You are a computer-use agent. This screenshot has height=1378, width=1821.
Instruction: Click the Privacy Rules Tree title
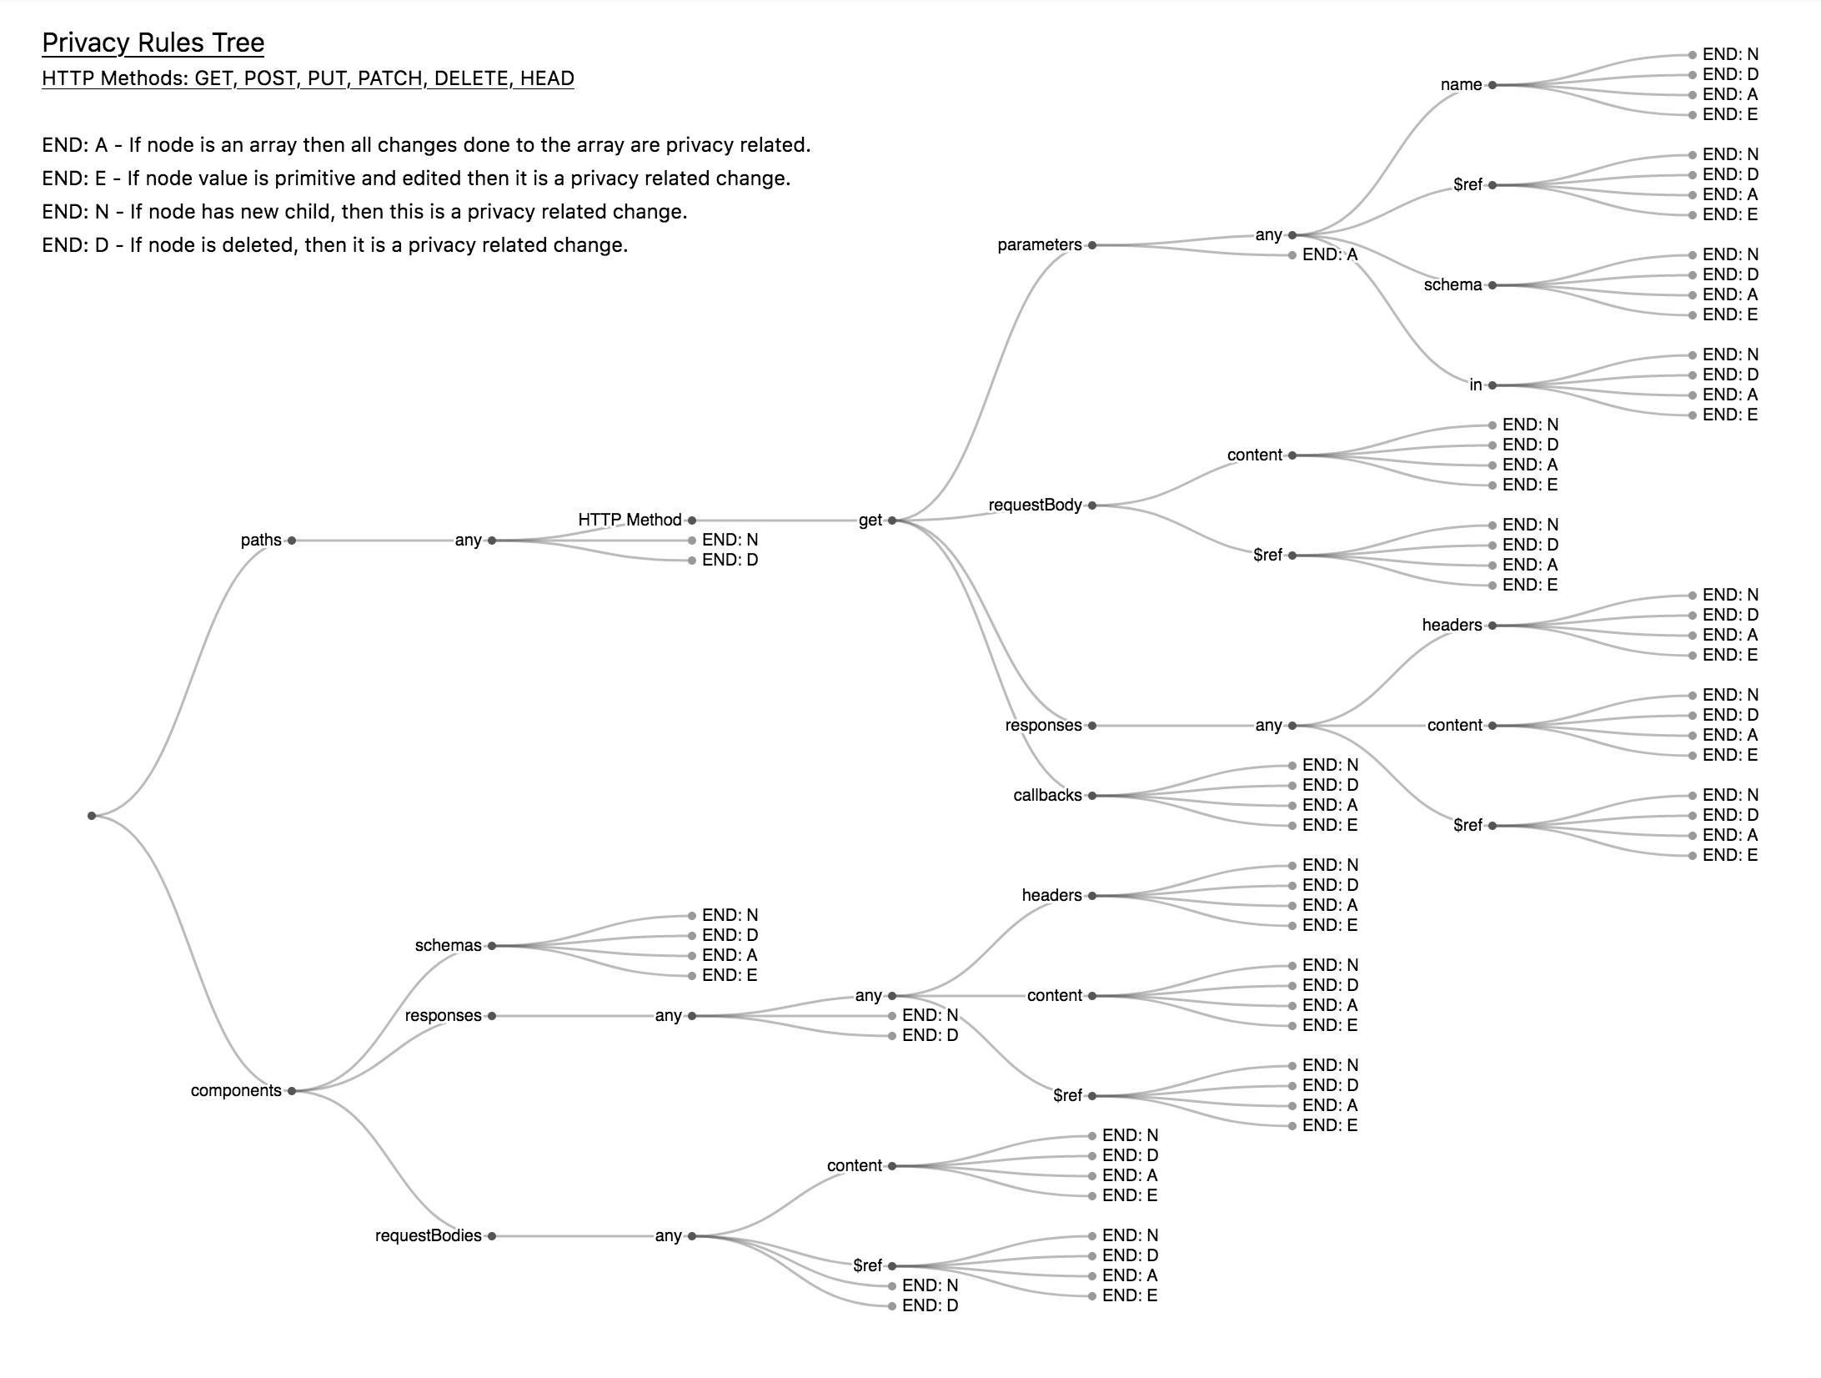tap(153, 43)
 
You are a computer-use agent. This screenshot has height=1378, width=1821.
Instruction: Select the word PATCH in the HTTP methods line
tap(389, 78)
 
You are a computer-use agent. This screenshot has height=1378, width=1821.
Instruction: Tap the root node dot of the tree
tap(92, 815)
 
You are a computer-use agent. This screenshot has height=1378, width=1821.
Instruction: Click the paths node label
tap(261, 540)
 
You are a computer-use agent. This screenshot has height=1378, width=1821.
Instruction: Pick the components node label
tap(236, 1090)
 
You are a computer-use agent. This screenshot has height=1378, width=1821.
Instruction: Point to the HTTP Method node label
tap(630, 520)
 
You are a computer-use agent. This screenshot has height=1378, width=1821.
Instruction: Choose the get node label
tap(870, 520)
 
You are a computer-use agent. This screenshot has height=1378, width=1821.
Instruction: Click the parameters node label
tap(1039, 244)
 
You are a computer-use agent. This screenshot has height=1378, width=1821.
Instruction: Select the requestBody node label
tap(1035, 505)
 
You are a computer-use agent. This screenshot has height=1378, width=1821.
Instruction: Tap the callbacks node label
tap(1047, 795)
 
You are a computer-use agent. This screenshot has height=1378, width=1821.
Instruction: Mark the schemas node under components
tap(449, 945)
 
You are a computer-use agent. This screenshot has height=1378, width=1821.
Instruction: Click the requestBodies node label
tap(428, 1235)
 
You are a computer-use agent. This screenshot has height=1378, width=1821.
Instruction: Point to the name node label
tap(1461, 84)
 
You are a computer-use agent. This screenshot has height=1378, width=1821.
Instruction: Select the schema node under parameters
tap(1452, 284)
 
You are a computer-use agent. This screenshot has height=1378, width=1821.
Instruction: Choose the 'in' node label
tap(1476, 385)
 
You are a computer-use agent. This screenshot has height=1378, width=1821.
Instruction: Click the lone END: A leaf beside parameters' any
tap(1329, 254)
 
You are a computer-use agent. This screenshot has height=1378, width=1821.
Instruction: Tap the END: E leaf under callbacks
tap(1329, 825)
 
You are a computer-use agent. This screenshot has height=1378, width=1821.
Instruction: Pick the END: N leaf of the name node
tap(1730, 54)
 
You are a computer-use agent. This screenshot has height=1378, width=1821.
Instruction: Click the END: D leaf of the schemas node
tap(730, 935)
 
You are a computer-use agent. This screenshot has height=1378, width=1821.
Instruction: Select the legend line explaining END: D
tap(334, 244)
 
